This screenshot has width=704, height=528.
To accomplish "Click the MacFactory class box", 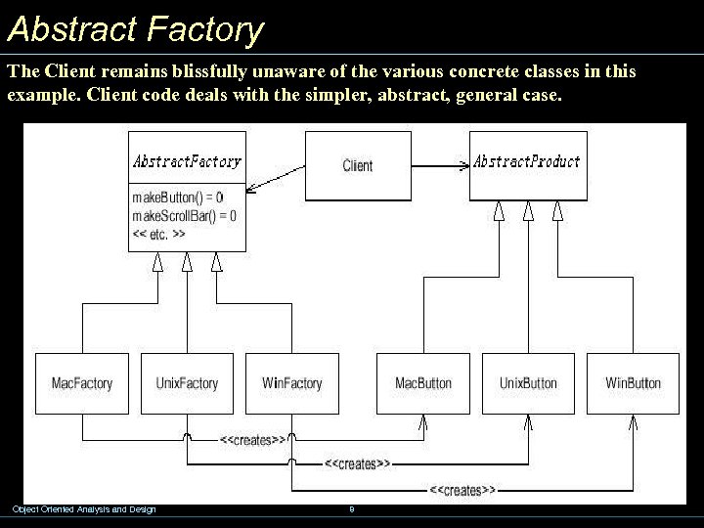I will (82, 383).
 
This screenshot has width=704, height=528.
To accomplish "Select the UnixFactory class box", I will (187, 383).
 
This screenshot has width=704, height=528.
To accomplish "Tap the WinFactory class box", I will (291, 383).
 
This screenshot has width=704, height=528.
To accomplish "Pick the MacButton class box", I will (423, 383).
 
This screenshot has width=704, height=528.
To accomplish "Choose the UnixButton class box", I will (528, 383).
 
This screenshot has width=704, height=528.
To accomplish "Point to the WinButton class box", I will (633, 383).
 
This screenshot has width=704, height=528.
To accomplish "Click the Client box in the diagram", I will (358, 165).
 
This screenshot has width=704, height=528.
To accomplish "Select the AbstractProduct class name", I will (527, 161).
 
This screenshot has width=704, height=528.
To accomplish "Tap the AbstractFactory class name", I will (187, 161).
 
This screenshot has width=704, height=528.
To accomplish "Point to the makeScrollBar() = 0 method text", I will (184, 215).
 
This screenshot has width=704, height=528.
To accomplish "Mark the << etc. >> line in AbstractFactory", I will (158, 234).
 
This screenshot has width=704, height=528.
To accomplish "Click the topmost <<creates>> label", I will (252, 440).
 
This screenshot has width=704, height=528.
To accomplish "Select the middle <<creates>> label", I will (357, 463).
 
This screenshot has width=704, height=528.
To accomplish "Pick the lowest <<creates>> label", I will (462, 488).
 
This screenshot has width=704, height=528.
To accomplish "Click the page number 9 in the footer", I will (351, 508).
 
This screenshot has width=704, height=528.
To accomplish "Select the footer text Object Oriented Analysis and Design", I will (83, 508).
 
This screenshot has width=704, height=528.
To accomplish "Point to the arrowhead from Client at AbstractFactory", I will (250, 186).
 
